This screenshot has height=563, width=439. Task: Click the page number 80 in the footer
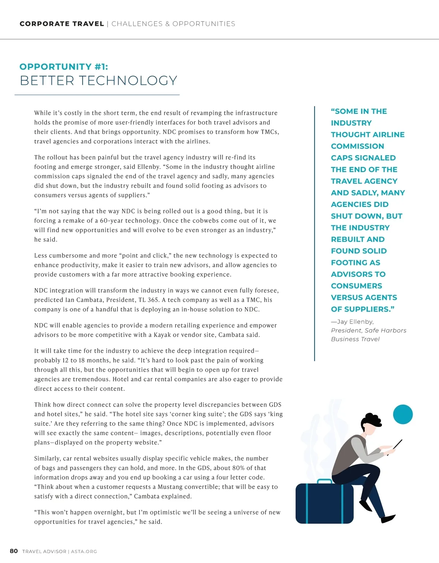coord(14,551)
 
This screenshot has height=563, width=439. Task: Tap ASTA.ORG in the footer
coord(84,551)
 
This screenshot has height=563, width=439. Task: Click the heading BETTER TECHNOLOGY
coord(98,80)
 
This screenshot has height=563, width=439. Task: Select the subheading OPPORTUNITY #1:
coord(64,67)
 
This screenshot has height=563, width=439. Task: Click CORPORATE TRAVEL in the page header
coord(62,24)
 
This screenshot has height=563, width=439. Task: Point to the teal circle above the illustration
coord(403,414)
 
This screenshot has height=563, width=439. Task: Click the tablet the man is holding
coord(398,445)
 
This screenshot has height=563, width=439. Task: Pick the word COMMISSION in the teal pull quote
coord(357,146)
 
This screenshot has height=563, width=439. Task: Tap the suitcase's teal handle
coord(324,481)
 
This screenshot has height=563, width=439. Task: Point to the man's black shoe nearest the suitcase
coord(365,506)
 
